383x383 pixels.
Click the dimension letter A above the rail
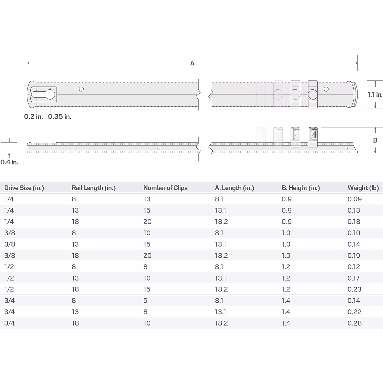[192, 63]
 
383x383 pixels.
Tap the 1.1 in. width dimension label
[375, 94]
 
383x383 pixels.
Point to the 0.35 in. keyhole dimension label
[60, 116]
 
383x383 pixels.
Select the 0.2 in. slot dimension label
[34, 116]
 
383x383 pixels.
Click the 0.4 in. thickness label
[9, 162]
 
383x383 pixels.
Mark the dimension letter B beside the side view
[375, 140]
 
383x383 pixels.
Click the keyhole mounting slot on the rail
[43, 94]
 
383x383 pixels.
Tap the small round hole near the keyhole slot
[81, 89]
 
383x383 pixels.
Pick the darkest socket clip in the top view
[313, 94]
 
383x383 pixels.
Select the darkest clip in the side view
[313, 137]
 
